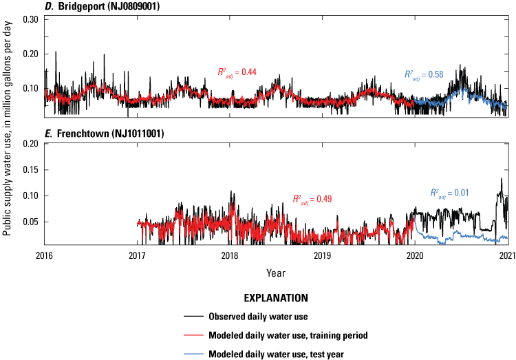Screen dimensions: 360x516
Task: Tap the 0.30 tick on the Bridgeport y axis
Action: tap(30, 19)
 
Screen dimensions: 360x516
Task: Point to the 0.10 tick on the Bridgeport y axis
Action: tap(30, 88)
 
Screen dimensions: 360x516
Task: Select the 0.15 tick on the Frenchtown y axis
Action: tap(30, 169)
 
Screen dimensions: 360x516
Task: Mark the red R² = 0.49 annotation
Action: tap(314, 200)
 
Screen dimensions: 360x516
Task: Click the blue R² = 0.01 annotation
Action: tap(449, 193)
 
